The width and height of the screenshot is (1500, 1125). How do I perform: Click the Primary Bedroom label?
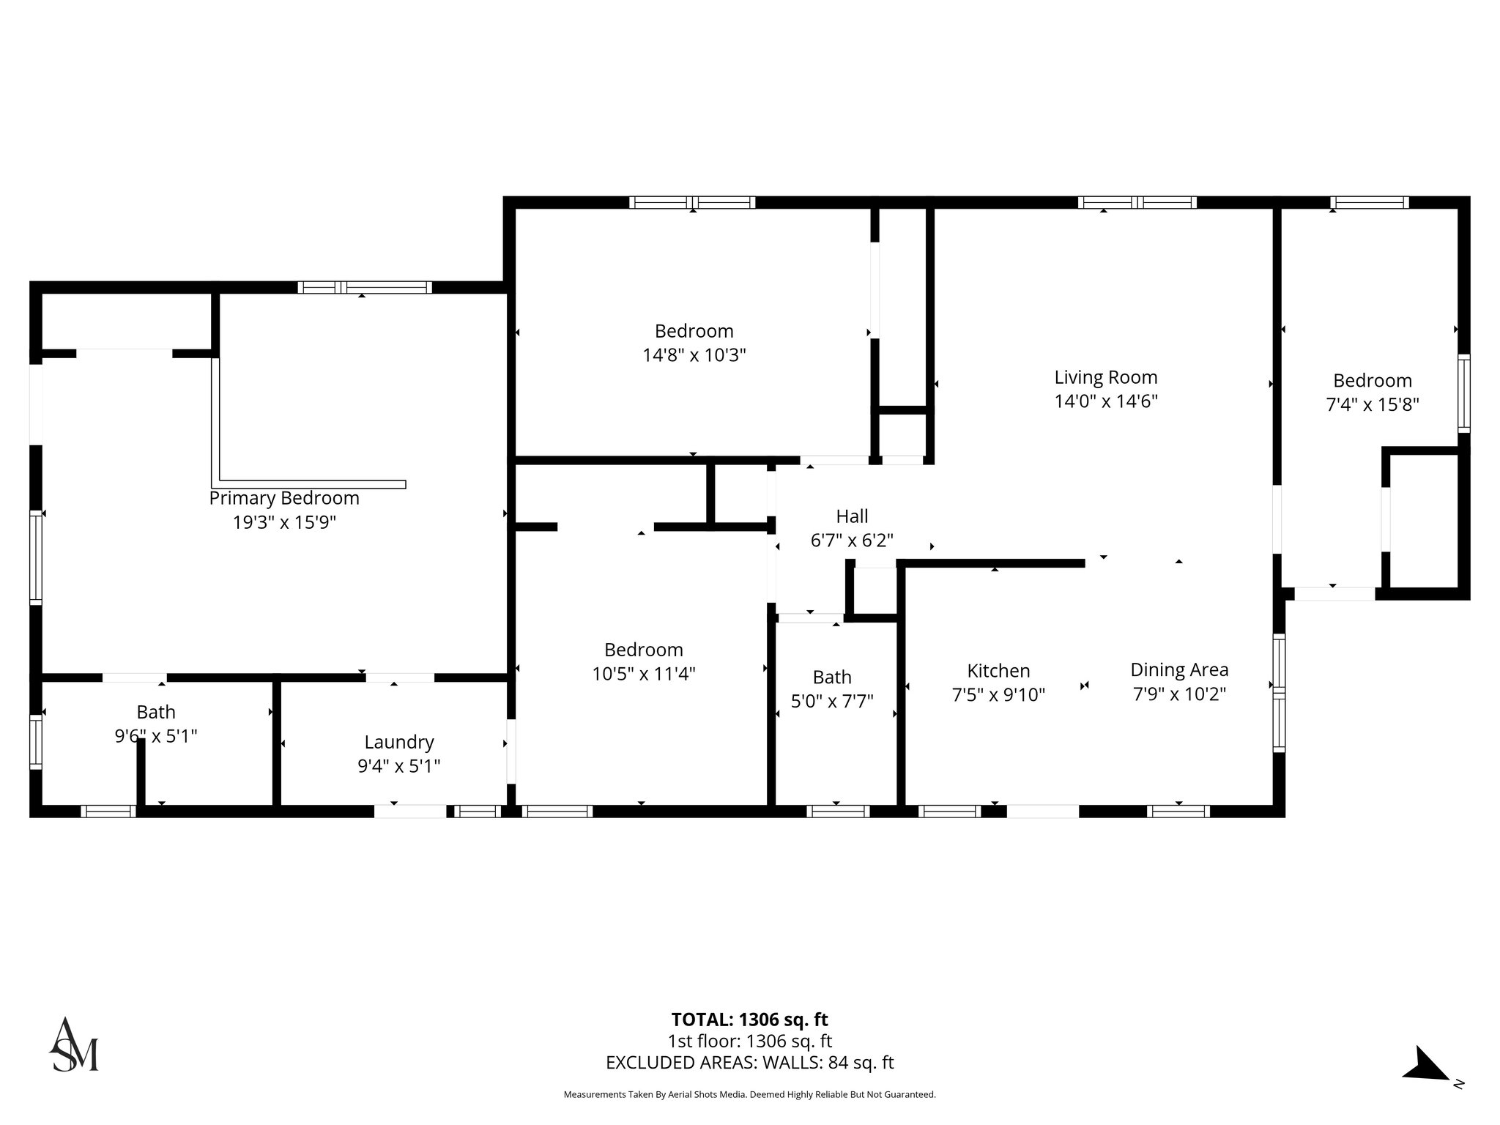[284, 498]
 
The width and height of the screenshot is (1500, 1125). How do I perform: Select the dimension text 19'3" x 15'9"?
[284, 522]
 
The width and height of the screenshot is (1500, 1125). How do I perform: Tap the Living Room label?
[1106, 377]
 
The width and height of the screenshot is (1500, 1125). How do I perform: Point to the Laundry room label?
[398, 742]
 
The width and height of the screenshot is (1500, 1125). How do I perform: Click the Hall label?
[852, 516]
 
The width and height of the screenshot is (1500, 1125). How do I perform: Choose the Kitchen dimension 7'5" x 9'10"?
[998, 694]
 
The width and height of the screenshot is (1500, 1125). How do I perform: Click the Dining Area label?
[1179, 669]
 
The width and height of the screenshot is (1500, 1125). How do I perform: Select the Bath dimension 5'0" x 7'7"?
[832, 702]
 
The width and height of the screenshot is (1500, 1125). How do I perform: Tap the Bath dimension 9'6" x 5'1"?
[156, 735]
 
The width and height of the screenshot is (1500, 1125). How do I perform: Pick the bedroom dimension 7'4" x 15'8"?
[1373, 404]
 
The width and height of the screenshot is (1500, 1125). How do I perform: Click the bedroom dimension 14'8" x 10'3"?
[694, 355]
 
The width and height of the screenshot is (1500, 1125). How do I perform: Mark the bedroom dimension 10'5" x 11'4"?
[643, 674]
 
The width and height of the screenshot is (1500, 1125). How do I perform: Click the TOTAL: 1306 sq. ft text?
[749, 1020]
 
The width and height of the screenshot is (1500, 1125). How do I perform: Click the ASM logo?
[74, 1045]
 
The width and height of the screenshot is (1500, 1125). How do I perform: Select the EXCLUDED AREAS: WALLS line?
[749, 1063]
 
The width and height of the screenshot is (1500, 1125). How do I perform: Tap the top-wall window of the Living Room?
[1137, 203]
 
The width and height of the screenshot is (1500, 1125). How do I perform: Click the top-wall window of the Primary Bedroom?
[365, 287]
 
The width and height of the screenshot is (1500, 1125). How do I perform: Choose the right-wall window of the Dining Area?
[1279, 692]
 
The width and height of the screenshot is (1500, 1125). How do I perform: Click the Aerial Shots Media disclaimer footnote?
[749, 1094]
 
